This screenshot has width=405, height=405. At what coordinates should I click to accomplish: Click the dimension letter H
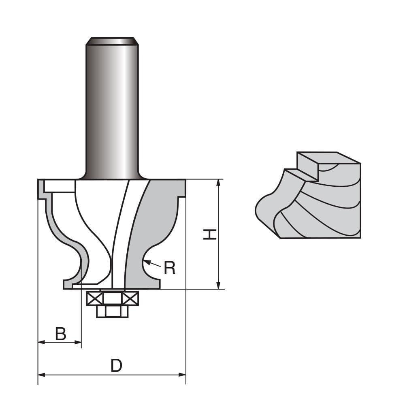coord(210,234)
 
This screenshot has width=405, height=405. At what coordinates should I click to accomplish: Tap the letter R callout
coord(170,268)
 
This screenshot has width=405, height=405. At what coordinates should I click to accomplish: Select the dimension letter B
coord(60,334)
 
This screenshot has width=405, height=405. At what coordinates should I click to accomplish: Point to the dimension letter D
coord(116,366)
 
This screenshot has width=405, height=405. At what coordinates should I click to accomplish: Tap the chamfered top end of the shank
coord(112,41)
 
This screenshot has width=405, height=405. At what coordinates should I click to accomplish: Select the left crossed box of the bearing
coord(94,299)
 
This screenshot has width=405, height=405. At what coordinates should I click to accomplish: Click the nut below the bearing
coord(112,311)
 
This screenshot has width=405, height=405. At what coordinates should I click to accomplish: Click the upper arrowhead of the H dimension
coord(219,183)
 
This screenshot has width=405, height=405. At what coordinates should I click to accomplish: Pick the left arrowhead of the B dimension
coord(41,343)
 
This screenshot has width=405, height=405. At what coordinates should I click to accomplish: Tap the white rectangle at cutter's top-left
coord(60,186)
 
